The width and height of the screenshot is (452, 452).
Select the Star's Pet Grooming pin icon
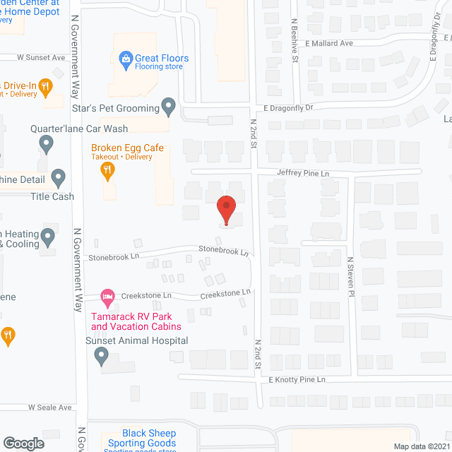coord(168,107)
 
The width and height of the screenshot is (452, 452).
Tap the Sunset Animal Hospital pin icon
coord(101,357)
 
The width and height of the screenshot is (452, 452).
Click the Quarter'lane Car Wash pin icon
coord(47,144)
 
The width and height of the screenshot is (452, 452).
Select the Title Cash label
coord(53,196)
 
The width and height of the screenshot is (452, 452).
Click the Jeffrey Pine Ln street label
coord(303,173)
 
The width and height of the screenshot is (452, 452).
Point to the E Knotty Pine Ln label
coord(296,380)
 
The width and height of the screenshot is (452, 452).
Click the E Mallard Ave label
coord(329,43)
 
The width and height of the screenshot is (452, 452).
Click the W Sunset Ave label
coord(41,57)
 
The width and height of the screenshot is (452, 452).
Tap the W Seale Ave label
coord(50,408)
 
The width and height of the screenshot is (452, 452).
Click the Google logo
coord(23,443)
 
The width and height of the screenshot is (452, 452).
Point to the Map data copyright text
coord(421,446)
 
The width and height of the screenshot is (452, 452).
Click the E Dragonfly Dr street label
coord(288,108)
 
